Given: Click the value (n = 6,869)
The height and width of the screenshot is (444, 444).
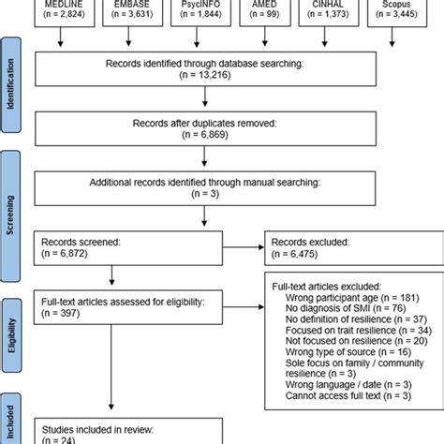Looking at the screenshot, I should coord(223,136).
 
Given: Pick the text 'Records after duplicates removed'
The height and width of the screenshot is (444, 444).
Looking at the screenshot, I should coord(223,124).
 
